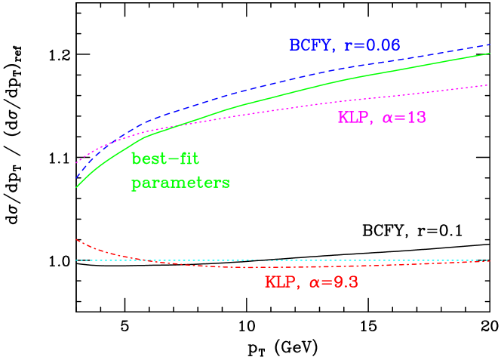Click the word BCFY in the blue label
click(x=310, y=46)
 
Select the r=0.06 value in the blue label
click(x=371, y=46)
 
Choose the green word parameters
click(x=180, y=183)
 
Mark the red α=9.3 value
click(x=332, y=283)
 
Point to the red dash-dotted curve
click(x=226, y=266)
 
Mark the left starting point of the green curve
click(x=76, y=187)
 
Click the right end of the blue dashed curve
click(x=490, y=44)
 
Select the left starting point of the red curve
click(x=76, y=239)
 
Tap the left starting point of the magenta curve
click(x=76, y=162)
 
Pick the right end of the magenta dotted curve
click(x=490, y=85)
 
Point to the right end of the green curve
click(x=490, y=54)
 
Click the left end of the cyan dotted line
click(x=76, y=260)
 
